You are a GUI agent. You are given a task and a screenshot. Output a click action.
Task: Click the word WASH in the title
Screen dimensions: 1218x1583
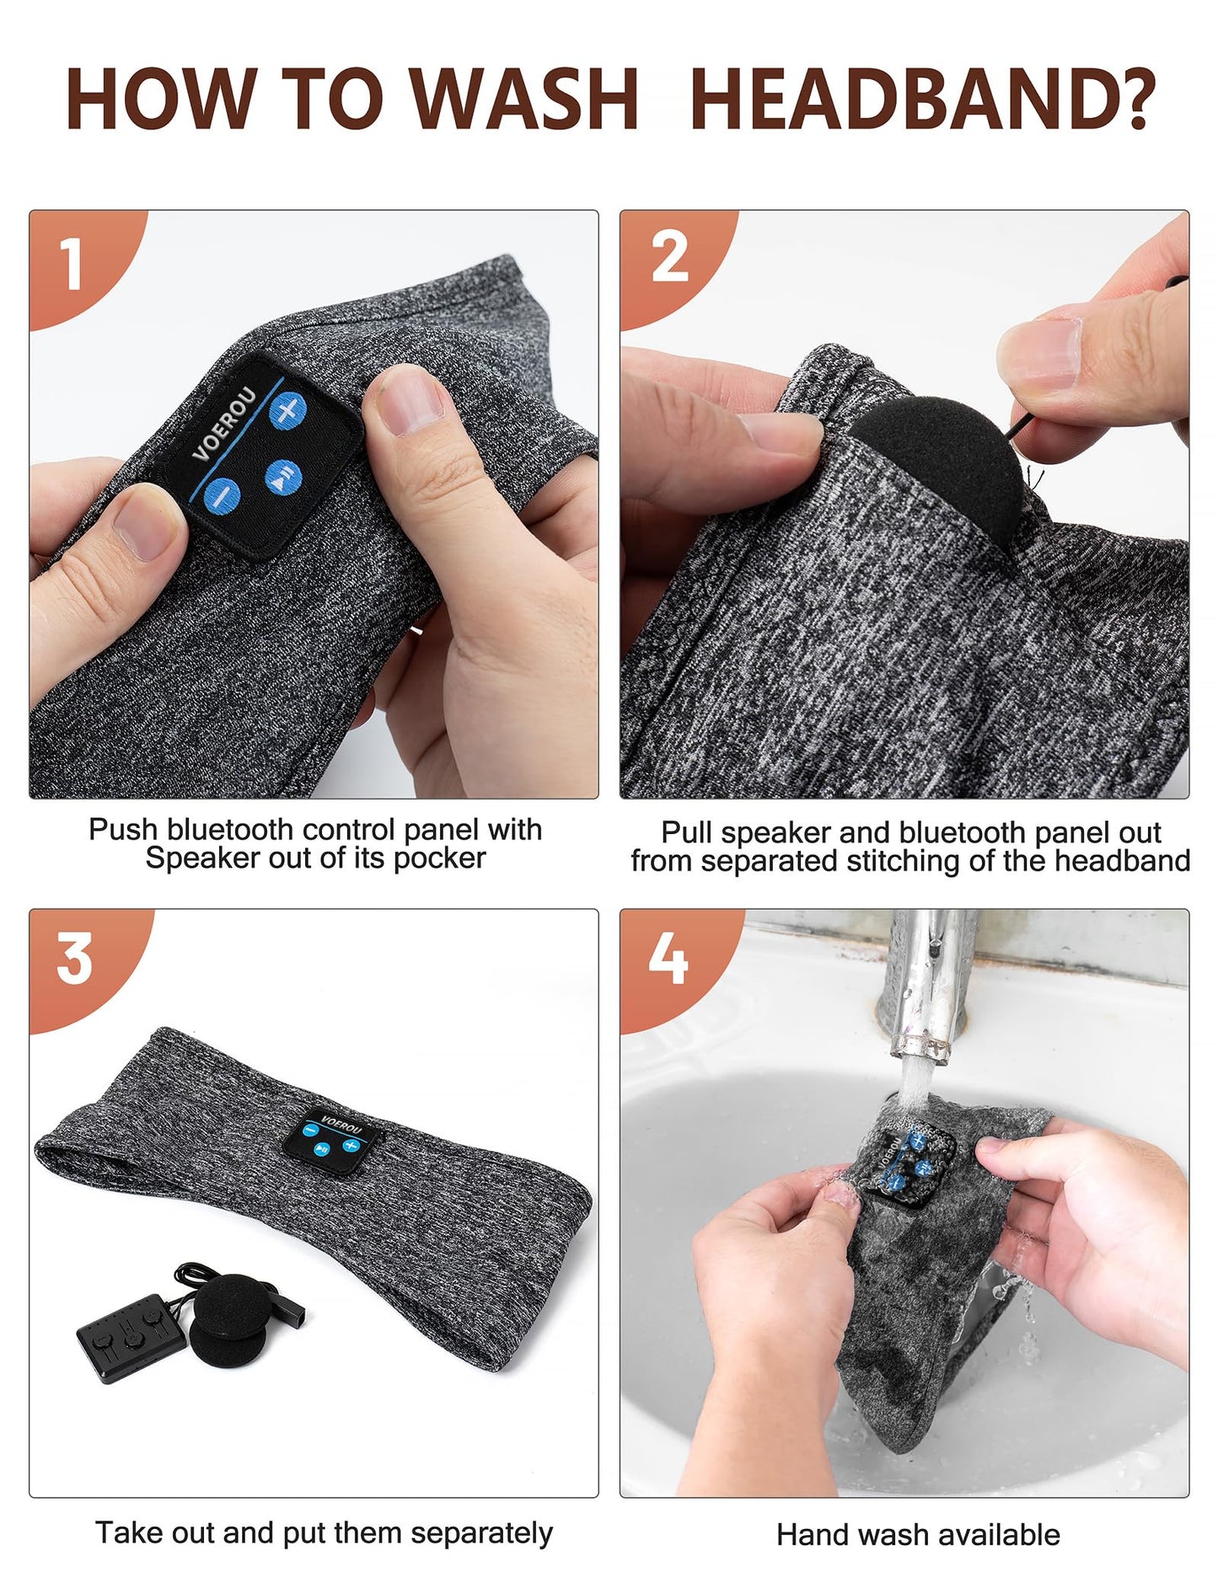coord(527,99)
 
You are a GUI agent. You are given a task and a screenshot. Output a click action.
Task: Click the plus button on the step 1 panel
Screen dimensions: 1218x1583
coord(287,411)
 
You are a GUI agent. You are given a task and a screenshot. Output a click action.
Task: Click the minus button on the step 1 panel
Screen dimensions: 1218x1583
coord(222,494)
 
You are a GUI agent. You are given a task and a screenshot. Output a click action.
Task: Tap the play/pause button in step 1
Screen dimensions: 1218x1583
coord(284,477)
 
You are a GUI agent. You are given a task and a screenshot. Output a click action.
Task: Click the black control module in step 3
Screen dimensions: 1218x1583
coord(122,1334)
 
